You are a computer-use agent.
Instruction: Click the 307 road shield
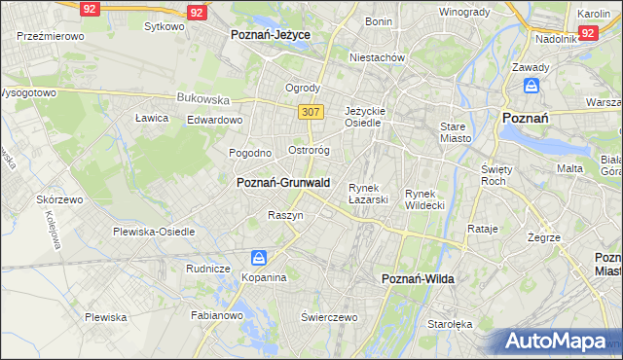click(x=311, y=112)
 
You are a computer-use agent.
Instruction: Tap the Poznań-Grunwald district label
click(x=283, y=182)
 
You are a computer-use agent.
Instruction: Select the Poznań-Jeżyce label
click(x=270, y=34)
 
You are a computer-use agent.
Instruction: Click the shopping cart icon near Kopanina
click(x=258, y=258)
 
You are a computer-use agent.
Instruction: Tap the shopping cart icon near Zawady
click(x=531, y=87)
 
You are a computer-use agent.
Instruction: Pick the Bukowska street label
click(x=202, y=98)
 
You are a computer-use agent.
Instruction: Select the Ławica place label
click(x=152, y=118)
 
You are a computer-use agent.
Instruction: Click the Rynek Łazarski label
click(x=369, y=194)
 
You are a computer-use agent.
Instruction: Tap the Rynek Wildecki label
click(x=424, y=199)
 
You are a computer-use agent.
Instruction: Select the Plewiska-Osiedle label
click(x=154, y=232)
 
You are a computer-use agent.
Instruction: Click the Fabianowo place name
click(x=216, y=315)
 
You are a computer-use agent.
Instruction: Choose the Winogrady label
click(x=463, y=12)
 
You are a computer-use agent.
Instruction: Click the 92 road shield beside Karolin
click(x=587, y=32)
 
